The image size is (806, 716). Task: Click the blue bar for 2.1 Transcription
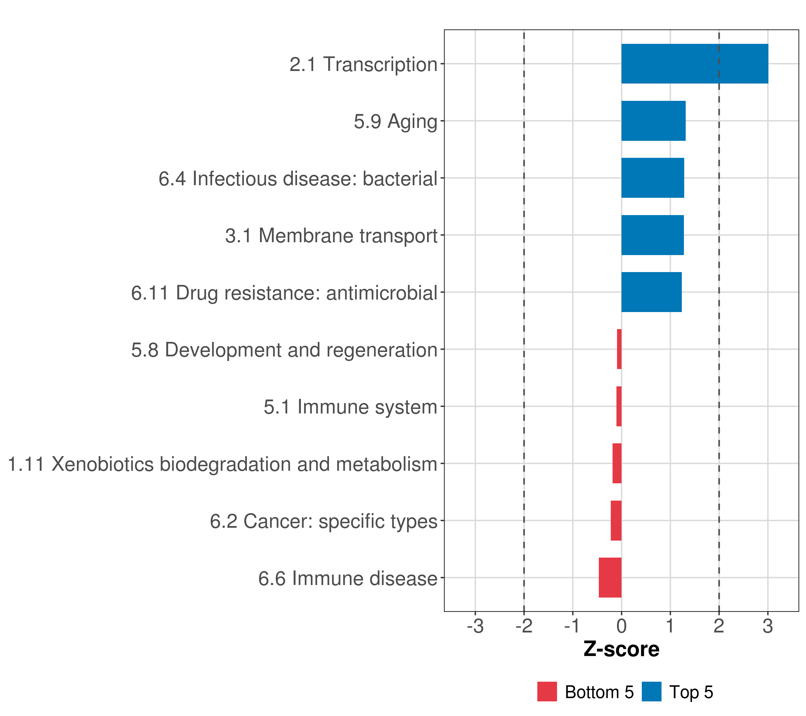[694, 64]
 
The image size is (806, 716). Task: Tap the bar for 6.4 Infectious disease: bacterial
[652, 178]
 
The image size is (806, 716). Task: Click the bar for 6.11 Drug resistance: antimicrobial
[651, 292]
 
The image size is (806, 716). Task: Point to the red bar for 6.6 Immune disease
[610, 577]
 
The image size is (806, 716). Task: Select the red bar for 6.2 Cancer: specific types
[616, 520]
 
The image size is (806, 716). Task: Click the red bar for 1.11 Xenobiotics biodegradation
[617, 463]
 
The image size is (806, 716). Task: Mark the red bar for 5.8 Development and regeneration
[619, 349]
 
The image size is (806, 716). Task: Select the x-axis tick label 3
[767, 626]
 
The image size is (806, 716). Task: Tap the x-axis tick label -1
[572, 626]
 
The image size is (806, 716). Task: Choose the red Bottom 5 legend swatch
[547, 692]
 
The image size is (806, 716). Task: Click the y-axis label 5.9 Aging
[395, 121]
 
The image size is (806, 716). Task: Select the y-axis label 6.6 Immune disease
[347, 578]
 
